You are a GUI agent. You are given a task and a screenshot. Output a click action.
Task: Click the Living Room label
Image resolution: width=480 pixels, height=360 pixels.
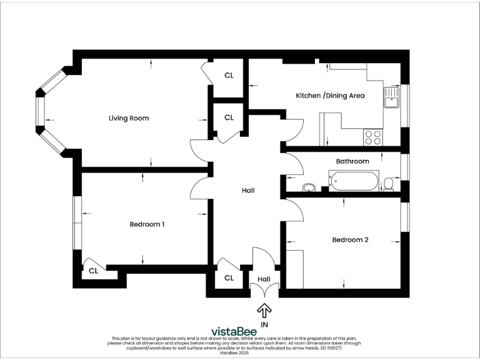tap(129, 118)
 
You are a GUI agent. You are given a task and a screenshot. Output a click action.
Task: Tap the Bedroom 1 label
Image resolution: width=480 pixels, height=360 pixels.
tap(147, 224)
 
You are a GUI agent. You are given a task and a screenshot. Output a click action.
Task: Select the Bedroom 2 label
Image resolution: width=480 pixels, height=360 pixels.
tap(350, 239)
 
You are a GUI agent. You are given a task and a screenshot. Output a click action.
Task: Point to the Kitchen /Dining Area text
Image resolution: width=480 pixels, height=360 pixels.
tap(330, 96)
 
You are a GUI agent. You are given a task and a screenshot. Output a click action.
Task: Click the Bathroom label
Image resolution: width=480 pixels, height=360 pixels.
tap(352, 161)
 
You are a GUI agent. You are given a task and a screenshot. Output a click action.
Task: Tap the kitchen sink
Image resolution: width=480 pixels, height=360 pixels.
tap(392, 98)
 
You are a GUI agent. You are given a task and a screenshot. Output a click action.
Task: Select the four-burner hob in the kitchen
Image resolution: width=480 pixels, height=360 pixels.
tap(373, 137)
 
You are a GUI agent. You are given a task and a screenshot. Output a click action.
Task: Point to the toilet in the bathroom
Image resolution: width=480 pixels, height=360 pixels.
tap(389, 183)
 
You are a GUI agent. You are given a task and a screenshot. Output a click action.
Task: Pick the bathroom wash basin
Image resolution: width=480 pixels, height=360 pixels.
tap(309, 187)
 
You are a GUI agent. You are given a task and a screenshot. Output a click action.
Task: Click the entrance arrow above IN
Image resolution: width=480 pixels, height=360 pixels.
tap(264, 310)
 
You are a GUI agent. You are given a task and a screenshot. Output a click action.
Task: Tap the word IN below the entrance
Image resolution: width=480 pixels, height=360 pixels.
tap(264, 324)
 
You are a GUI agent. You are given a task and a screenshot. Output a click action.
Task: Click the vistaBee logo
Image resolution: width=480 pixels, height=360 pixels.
tap(239, 331)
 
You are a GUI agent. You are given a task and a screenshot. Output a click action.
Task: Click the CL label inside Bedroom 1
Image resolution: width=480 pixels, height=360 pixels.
tap(93, 271)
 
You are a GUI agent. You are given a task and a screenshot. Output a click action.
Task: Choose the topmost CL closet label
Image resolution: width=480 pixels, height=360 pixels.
tap(229, 75)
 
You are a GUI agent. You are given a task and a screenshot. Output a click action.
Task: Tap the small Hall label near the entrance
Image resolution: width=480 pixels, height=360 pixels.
tap(264, 279)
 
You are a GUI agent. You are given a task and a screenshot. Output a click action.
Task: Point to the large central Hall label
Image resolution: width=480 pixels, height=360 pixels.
tap(248, 191)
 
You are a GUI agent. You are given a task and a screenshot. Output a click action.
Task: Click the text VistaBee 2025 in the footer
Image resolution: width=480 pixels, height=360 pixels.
tap(240, 353)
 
